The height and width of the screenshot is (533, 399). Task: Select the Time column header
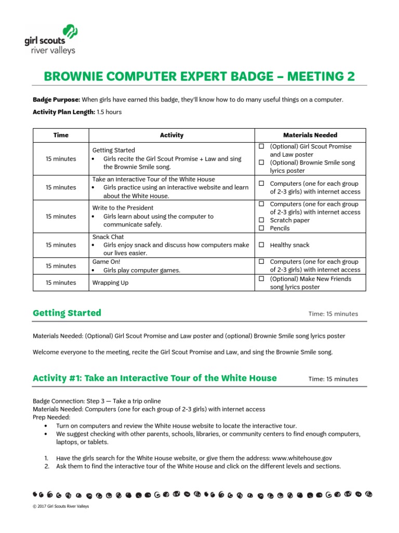point(61,135)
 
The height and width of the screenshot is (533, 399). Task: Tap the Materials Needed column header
point(310,135)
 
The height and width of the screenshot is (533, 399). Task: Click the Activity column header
point(171,135)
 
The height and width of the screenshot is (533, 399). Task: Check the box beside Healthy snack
point(262,245)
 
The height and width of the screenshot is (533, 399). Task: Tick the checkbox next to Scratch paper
point(262,220)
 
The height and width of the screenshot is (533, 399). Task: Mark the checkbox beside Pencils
point(262,228)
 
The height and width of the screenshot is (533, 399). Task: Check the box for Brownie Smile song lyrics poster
point(262,162)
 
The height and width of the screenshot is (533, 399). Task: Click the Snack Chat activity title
point(108,237)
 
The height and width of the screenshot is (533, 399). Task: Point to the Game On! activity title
point(106,262)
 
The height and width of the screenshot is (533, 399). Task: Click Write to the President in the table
point(123,208)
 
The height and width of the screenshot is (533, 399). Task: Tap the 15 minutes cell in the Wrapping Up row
point(61,283)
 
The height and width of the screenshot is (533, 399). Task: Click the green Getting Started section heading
point(67,313)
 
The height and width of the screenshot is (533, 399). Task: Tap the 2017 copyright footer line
point(61,506)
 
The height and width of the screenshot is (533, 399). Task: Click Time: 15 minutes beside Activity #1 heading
point(333,379)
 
